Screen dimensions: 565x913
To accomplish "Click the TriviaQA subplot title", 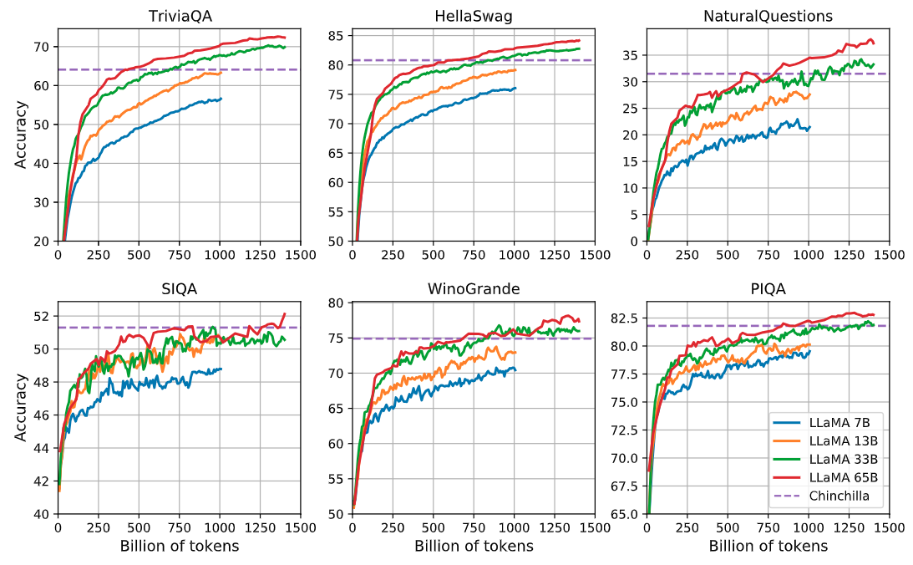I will click(180, 16).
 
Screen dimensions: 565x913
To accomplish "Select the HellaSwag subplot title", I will click(473, 16).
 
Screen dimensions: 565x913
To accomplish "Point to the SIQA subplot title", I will click(180, 289).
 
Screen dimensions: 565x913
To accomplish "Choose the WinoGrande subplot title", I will click(473, 289).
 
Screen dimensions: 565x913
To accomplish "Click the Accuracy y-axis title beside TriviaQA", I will click(20, 135).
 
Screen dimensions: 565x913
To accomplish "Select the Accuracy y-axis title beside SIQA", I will click(20, 408).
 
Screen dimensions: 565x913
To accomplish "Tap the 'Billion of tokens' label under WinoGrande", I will click(474, 547).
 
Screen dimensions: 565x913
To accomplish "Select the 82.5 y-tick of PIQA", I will click(625, 318).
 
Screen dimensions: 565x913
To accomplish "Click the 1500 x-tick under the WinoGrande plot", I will click(594, 529).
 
